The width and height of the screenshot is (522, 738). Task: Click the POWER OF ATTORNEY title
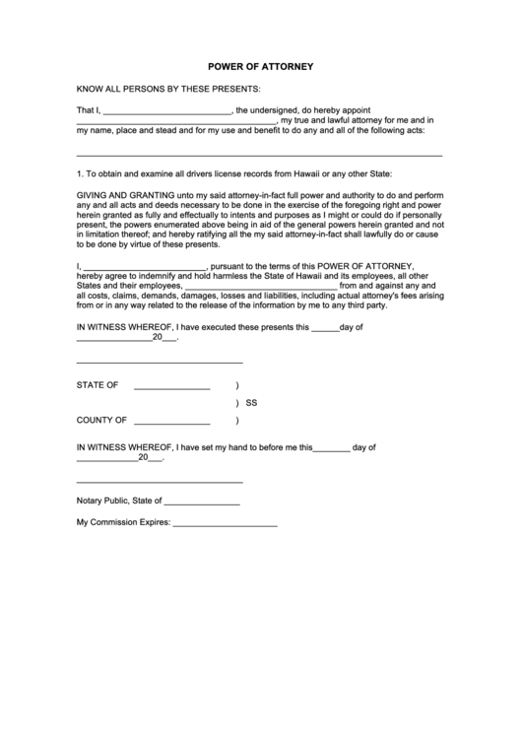tap(260, 67)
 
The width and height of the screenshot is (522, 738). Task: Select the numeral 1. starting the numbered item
tap(80, 173)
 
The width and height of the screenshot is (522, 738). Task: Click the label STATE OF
tap(98, 385)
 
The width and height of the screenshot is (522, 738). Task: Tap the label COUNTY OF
tap(102, 419)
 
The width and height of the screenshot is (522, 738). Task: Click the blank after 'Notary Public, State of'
tap(203, 503)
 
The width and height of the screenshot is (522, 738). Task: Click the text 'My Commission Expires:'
tap(124, 522)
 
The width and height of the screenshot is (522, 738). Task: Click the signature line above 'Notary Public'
tap(160, 482)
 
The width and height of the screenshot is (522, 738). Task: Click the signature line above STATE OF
tap(160, 363)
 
